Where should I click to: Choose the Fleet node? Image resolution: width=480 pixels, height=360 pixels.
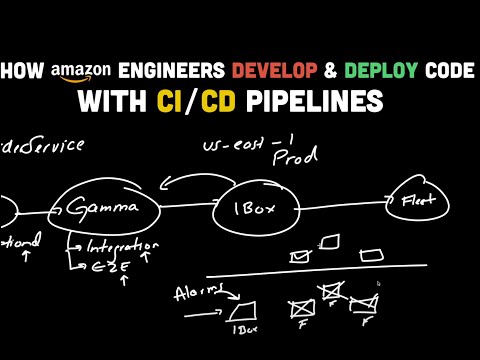click(411, 199)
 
